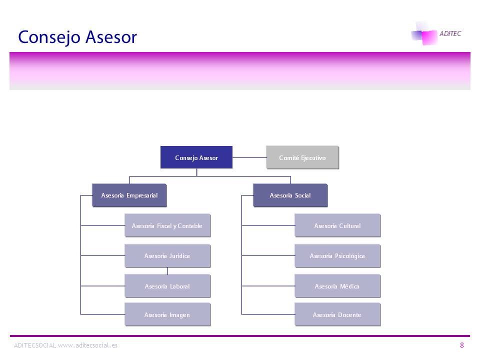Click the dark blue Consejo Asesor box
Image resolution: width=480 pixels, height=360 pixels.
pos(196,157)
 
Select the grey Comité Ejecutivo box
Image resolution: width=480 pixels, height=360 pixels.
pos(302,157)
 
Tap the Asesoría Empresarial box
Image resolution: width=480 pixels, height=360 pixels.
pos(129,195)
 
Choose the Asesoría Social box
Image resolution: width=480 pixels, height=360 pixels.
pos(290,195)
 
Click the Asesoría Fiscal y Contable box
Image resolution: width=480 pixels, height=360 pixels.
pos(167,226)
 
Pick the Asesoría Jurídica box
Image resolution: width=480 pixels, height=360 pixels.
pos(167,256)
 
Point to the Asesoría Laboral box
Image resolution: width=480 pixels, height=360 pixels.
pos(167,286)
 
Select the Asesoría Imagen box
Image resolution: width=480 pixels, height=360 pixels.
pos(167,315)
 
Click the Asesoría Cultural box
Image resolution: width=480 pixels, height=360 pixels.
pos(337,226)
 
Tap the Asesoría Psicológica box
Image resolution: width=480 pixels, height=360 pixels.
pos(337,256)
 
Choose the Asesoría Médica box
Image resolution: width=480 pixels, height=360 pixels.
pos(337,286)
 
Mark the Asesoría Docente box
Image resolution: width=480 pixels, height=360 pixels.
pos(337,315)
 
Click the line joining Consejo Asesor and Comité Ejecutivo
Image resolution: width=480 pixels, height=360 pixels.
pos(249,157)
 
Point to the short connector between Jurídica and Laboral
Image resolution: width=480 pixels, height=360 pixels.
pos(167,271)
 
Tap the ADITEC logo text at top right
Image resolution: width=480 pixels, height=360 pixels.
pos(450,33)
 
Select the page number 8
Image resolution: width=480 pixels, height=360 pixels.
pos(462,345)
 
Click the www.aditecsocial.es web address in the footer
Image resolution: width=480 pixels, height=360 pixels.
pos(88,345)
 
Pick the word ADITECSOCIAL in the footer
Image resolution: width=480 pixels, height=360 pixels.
pos(35,345)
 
